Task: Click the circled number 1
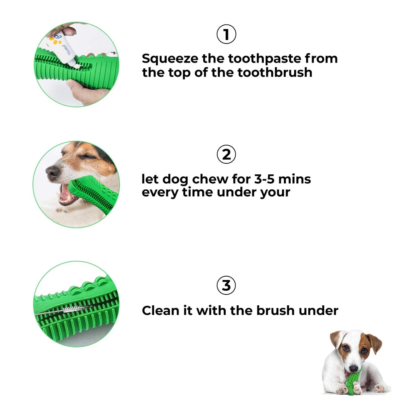(x=226, y=35)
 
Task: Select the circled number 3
(x=226, y=285)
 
